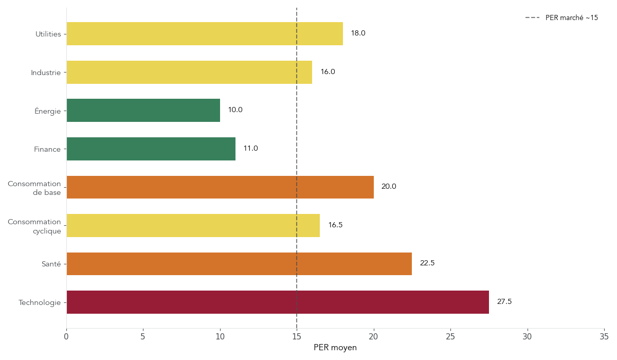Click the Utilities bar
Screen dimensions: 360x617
click(x=205, y=34)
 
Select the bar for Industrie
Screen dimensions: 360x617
click(x=189, y=73)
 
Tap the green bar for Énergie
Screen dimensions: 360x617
click(x=143, y=111)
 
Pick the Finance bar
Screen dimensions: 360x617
click(x=151, y=149)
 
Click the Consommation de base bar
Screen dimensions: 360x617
click(x=220, y=187)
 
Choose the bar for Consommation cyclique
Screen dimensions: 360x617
click(x=193, y=226)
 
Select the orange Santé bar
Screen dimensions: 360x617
click(x=239, y=264)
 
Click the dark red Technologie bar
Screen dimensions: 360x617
click(x=278, y=302)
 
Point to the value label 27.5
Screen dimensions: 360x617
click(x=504, y=302)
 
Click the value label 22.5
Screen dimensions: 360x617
click(x=427, y=263)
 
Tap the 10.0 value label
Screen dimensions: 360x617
click(x=235, y=110)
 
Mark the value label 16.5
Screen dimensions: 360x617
click(x=335, y=225)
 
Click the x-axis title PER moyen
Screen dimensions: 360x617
click(x=335, y=348)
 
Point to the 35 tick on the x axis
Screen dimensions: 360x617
click(x=604, y=337)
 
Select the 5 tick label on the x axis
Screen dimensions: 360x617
click(x=143, y=337)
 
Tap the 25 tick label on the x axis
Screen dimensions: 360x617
click(x=450, y=337)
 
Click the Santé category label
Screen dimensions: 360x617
click(x=51, y=264)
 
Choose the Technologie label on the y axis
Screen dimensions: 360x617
click(x=40, y=303)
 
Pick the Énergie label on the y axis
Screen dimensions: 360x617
click(x=47, y=111)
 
